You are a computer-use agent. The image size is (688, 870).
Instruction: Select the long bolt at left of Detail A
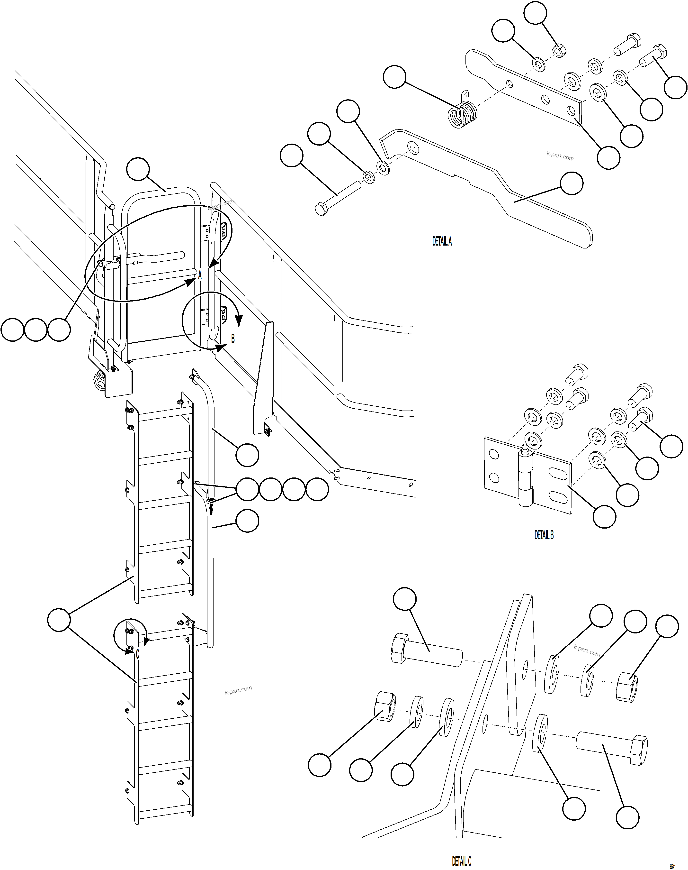point(337,197)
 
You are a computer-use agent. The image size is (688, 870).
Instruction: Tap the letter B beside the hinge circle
point(233,339)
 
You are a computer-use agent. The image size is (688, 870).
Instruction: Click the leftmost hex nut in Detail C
point(385,706)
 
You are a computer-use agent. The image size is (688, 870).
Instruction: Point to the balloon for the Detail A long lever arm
point(572,183)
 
